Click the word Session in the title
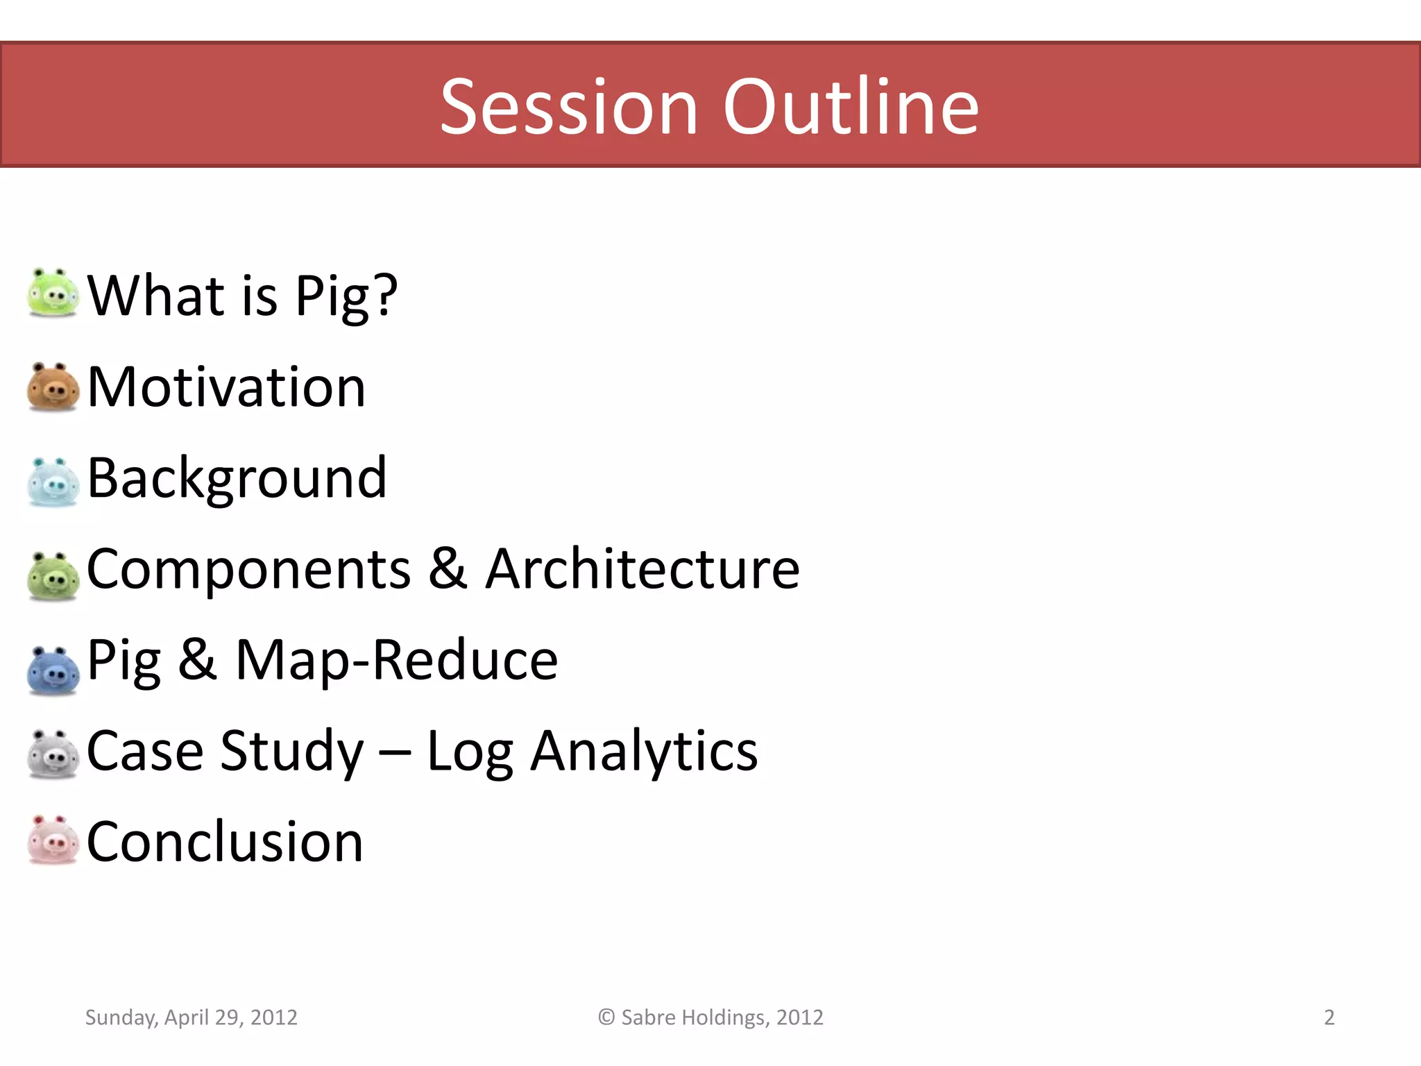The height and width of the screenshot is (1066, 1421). coord(569,108)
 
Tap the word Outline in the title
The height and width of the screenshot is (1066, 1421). coord(851,108)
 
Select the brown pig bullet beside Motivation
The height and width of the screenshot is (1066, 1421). coord(53,387)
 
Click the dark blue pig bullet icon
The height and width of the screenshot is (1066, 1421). coord(53,670)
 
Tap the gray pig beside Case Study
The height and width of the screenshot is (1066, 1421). coord(53,754)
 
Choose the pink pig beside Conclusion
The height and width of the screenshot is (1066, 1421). coord(53,840)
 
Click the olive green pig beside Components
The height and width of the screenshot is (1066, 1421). coord(53,575)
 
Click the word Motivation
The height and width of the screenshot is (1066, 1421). coord(226,387)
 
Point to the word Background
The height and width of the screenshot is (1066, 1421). coord(237,479)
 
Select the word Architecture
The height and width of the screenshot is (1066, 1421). coord(642,569)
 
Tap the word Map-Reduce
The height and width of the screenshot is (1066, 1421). coord(396,660)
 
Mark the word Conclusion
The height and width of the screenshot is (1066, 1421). coord(225,842)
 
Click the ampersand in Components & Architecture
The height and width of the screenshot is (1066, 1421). coord(448,569)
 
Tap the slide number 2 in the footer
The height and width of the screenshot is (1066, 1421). coord(1329,1017)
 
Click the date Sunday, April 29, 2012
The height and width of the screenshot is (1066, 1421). coord(191,1017)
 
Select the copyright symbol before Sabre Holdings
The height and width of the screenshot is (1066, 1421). coord(606,1017)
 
